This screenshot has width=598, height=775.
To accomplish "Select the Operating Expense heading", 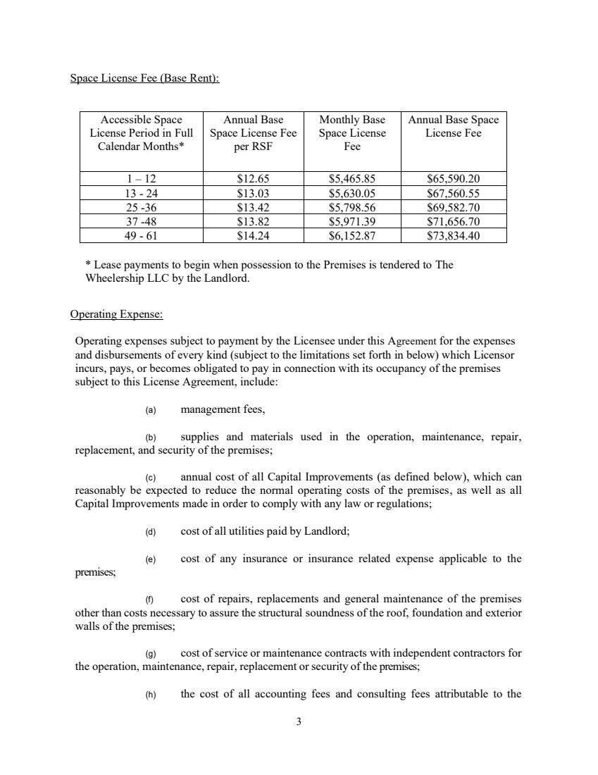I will [117, 314].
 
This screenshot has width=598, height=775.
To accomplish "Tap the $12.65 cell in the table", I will [253, 178].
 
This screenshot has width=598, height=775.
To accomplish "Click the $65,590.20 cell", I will [453, 178].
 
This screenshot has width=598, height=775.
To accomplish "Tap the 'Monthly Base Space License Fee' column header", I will [351, 133].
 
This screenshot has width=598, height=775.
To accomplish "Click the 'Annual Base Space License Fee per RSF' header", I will [253, 133].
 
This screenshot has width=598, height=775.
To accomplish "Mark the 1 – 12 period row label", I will [141, 178].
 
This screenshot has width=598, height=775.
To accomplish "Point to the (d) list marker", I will [150, 533].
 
